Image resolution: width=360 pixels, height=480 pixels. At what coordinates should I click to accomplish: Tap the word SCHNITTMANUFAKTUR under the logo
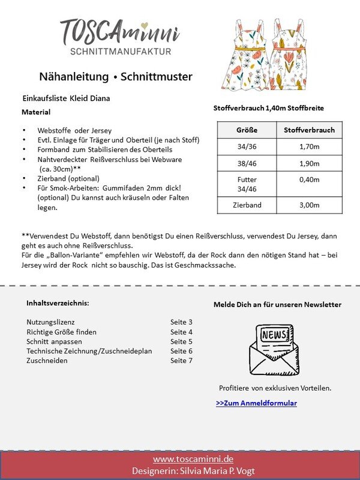tap(121, 52)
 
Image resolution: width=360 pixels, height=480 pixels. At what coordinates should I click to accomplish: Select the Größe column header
tap(247, 130)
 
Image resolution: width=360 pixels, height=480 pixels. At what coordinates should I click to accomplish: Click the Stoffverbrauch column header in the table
tap(309, 130)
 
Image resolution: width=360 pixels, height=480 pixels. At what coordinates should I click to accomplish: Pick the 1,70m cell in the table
tap(309, 146)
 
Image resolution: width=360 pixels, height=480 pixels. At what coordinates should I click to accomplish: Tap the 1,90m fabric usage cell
tap(309, 163)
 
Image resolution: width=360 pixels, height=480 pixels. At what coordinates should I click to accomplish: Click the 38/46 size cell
tap(247, 163)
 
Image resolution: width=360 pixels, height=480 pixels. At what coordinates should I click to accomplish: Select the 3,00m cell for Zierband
tap(309, 205)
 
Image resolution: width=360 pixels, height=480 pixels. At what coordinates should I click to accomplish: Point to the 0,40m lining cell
tap(309, 179)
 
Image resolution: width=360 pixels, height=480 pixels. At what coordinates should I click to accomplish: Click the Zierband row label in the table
tap(247, 205)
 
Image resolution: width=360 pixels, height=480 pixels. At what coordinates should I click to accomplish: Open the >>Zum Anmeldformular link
tap(256, 403)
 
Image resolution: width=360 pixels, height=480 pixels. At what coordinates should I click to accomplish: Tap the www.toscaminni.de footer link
tap(180, 459)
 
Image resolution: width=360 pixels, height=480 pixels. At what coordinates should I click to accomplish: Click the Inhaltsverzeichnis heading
tap(58, 303)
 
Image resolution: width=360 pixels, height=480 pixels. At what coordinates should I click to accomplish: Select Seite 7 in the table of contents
tap(181, 361)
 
